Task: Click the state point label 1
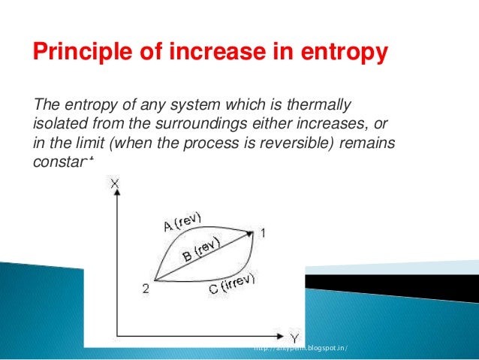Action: [262, 233]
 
